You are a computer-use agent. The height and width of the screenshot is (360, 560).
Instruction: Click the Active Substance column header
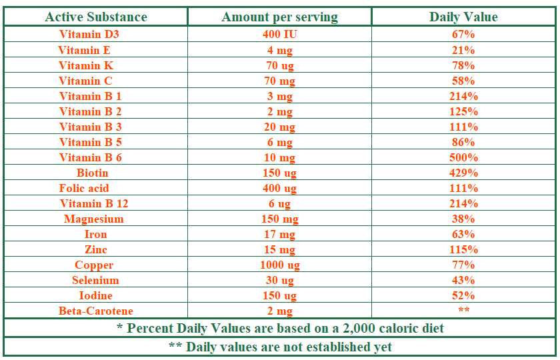coord(96,17)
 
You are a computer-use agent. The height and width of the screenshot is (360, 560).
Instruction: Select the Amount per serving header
coord(279,17)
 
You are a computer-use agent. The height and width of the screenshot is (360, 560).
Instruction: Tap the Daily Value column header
coord(463,17)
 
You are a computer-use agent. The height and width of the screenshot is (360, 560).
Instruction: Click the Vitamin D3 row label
coord(89,34)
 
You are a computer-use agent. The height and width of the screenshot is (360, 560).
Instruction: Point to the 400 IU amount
coord(279,34)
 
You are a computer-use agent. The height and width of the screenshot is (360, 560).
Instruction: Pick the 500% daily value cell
coord(463,157)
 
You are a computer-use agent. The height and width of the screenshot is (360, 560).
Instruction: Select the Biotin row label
coord(92,173)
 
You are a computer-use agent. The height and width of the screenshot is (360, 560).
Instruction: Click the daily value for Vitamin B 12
coord(463,203)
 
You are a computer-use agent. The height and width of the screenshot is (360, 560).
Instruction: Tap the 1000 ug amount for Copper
coord(279,265)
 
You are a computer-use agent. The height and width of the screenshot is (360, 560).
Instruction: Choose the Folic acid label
coord(84,188)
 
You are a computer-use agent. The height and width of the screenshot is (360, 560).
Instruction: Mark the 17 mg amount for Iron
coord(279,235)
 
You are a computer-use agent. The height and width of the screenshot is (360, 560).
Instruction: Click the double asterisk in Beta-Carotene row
coord(463,309)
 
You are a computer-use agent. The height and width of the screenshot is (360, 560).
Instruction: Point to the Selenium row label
coord(95,281)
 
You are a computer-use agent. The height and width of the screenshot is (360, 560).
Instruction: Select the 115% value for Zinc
coord(463,249)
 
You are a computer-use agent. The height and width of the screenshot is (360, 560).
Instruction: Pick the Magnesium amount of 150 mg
coord(279,219)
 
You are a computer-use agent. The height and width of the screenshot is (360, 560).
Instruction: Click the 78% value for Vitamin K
coord(463,65)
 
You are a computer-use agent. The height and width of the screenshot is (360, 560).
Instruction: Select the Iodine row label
coord(96,296)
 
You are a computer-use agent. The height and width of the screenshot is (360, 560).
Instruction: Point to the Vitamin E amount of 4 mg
coord(279,51)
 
